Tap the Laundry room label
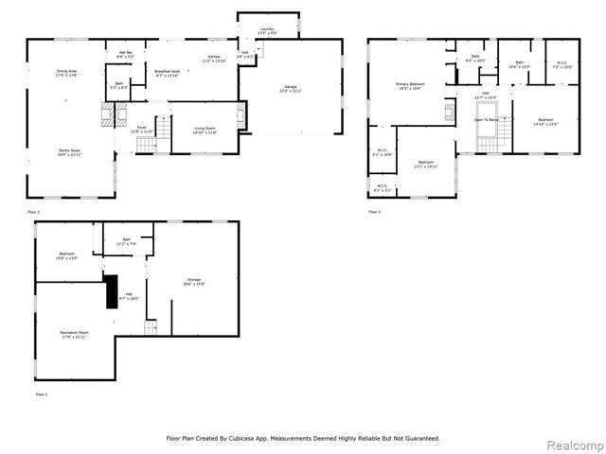pyautogui.click(x=268, y=30)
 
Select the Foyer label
pyautogui.click(x=141, y=129)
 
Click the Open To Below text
pyautogui.click(x=486, y=121)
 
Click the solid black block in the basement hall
pyautogui.click(x=111, y=287)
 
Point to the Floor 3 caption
pyautogui.click(x=375, y=211)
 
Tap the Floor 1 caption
pyautogui.click(x=42, y=393)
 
